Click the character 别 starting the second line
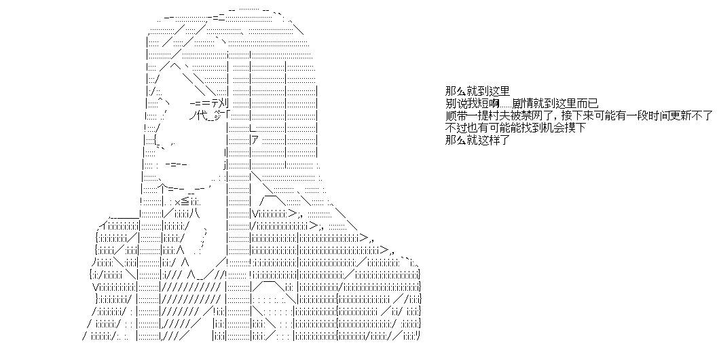[450, 104]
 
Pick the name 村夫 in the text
[498, 115]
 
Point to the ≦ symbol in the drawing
[185, 201]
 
